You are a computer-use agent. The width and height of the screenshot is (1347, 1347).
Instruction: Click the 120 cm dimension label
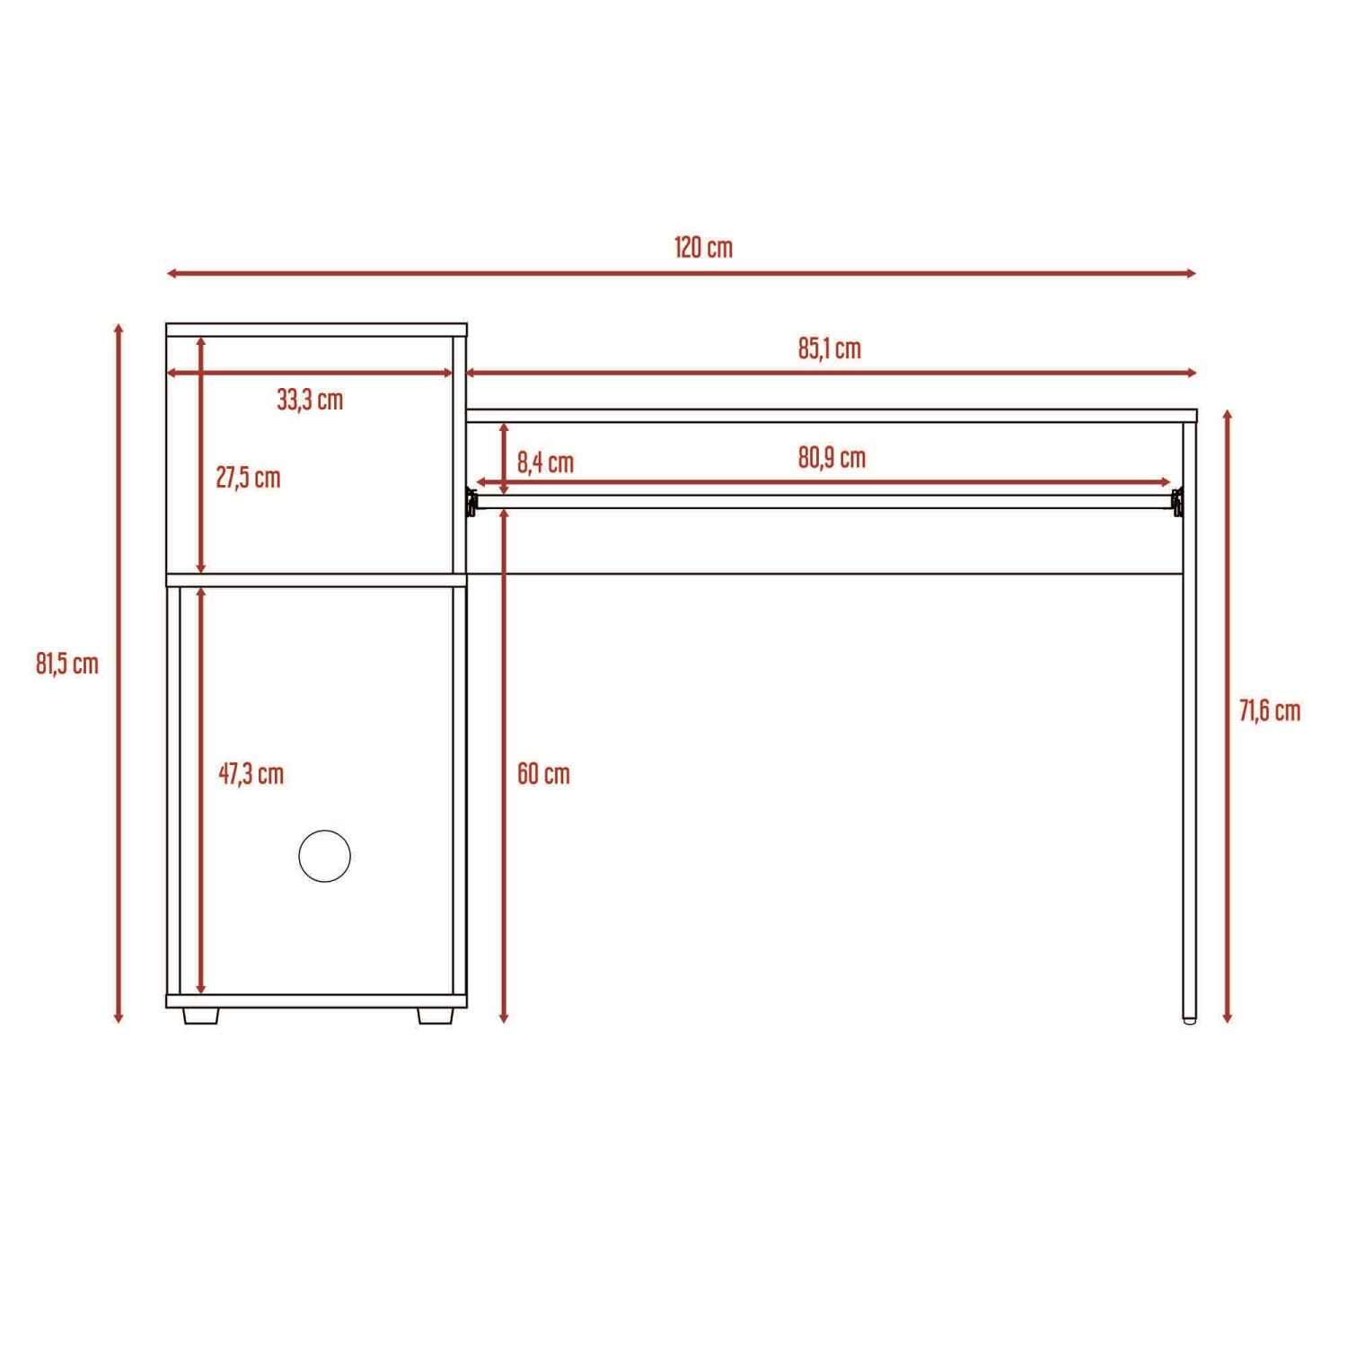tap(703, 247)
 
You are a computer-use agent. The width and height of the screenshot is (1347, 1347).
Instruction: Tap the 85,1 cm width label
tap(829, 348)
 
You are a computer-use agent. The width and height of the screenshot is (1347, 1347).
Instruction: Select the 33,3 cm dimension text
tap(310, 400)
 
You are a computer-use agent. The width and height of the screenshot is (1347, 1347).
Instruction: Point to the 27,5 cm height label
tap(248, 478)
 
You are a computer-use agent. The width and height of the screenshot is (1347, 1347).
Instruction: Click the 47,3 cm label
tap(251, 774)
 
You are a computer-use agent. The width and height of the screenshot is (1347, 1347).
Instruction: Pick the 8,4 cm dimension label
tap(545, 463)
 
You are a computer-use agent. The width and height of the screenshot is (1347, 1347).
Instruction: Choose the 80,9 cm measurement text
tap(832, 458)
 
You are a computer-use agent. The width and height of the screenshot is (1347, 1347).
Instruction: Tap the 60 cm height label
tap(543, 774)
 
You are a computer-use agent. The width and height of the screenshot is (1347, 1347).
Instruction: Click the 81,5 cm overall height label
tap(67, 665)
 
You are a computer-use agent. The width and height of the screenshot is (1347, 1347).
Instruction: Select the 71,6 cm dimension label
tap(1270, 711)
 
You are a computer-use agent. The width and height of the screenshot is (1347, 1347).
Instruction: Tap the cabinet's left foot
tap(201, 1016)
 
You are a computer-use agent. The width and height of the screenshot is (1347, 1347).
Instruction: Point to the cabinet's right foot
tap(436, 1016)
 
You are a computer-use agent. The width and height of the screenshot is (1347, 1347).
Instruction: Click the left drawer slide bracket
tap(471, 502)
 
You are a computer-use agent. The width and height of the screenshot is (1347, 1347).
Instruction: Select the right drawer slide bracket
tap(1177, 502)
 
